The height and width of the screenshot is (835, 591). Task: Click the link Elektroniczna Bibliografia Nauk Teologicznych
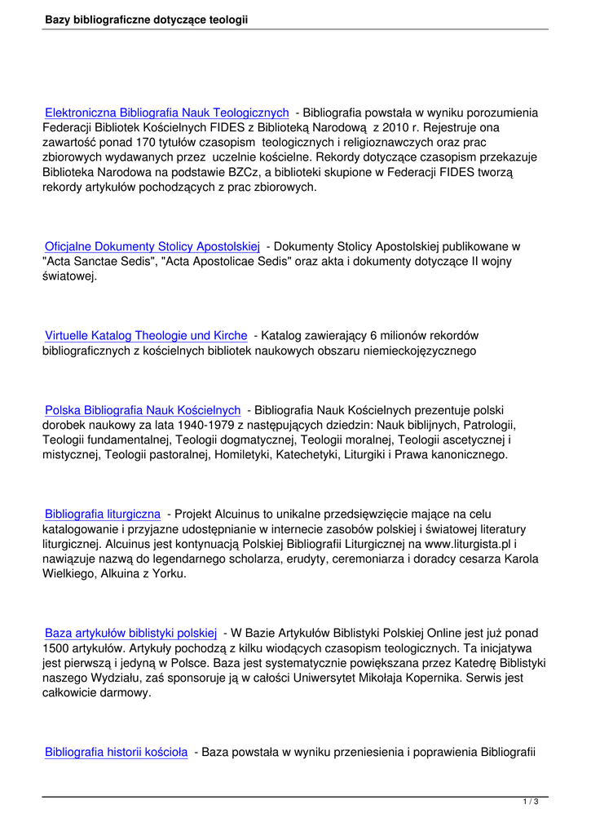coord(166,113)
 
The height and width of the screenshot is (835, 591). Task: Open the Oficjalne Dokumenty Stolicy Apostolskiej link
coord(152,245)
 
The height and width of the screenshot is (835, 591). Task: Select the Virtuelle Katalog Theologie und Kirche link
coord(146,335)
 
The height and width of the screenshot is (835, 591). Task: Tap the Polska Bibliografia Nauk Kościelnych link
coord(143,409)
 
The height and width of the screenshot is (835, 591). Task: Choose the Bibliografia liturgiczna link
coord(102,514)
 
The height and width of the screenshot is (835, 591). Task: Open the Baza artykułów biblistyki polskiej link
coord(130,633)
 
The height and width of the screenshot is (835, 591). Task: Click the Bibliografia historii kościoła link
coord(117,752)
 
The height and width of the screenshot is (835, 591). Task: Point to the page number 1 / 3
coord(530,802)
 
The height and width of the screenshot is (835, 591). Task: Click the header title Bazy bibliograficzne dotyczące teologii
coord(147,19)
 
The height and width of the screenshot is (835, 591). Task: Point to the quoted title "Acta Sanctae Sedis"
coord(98,261)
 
